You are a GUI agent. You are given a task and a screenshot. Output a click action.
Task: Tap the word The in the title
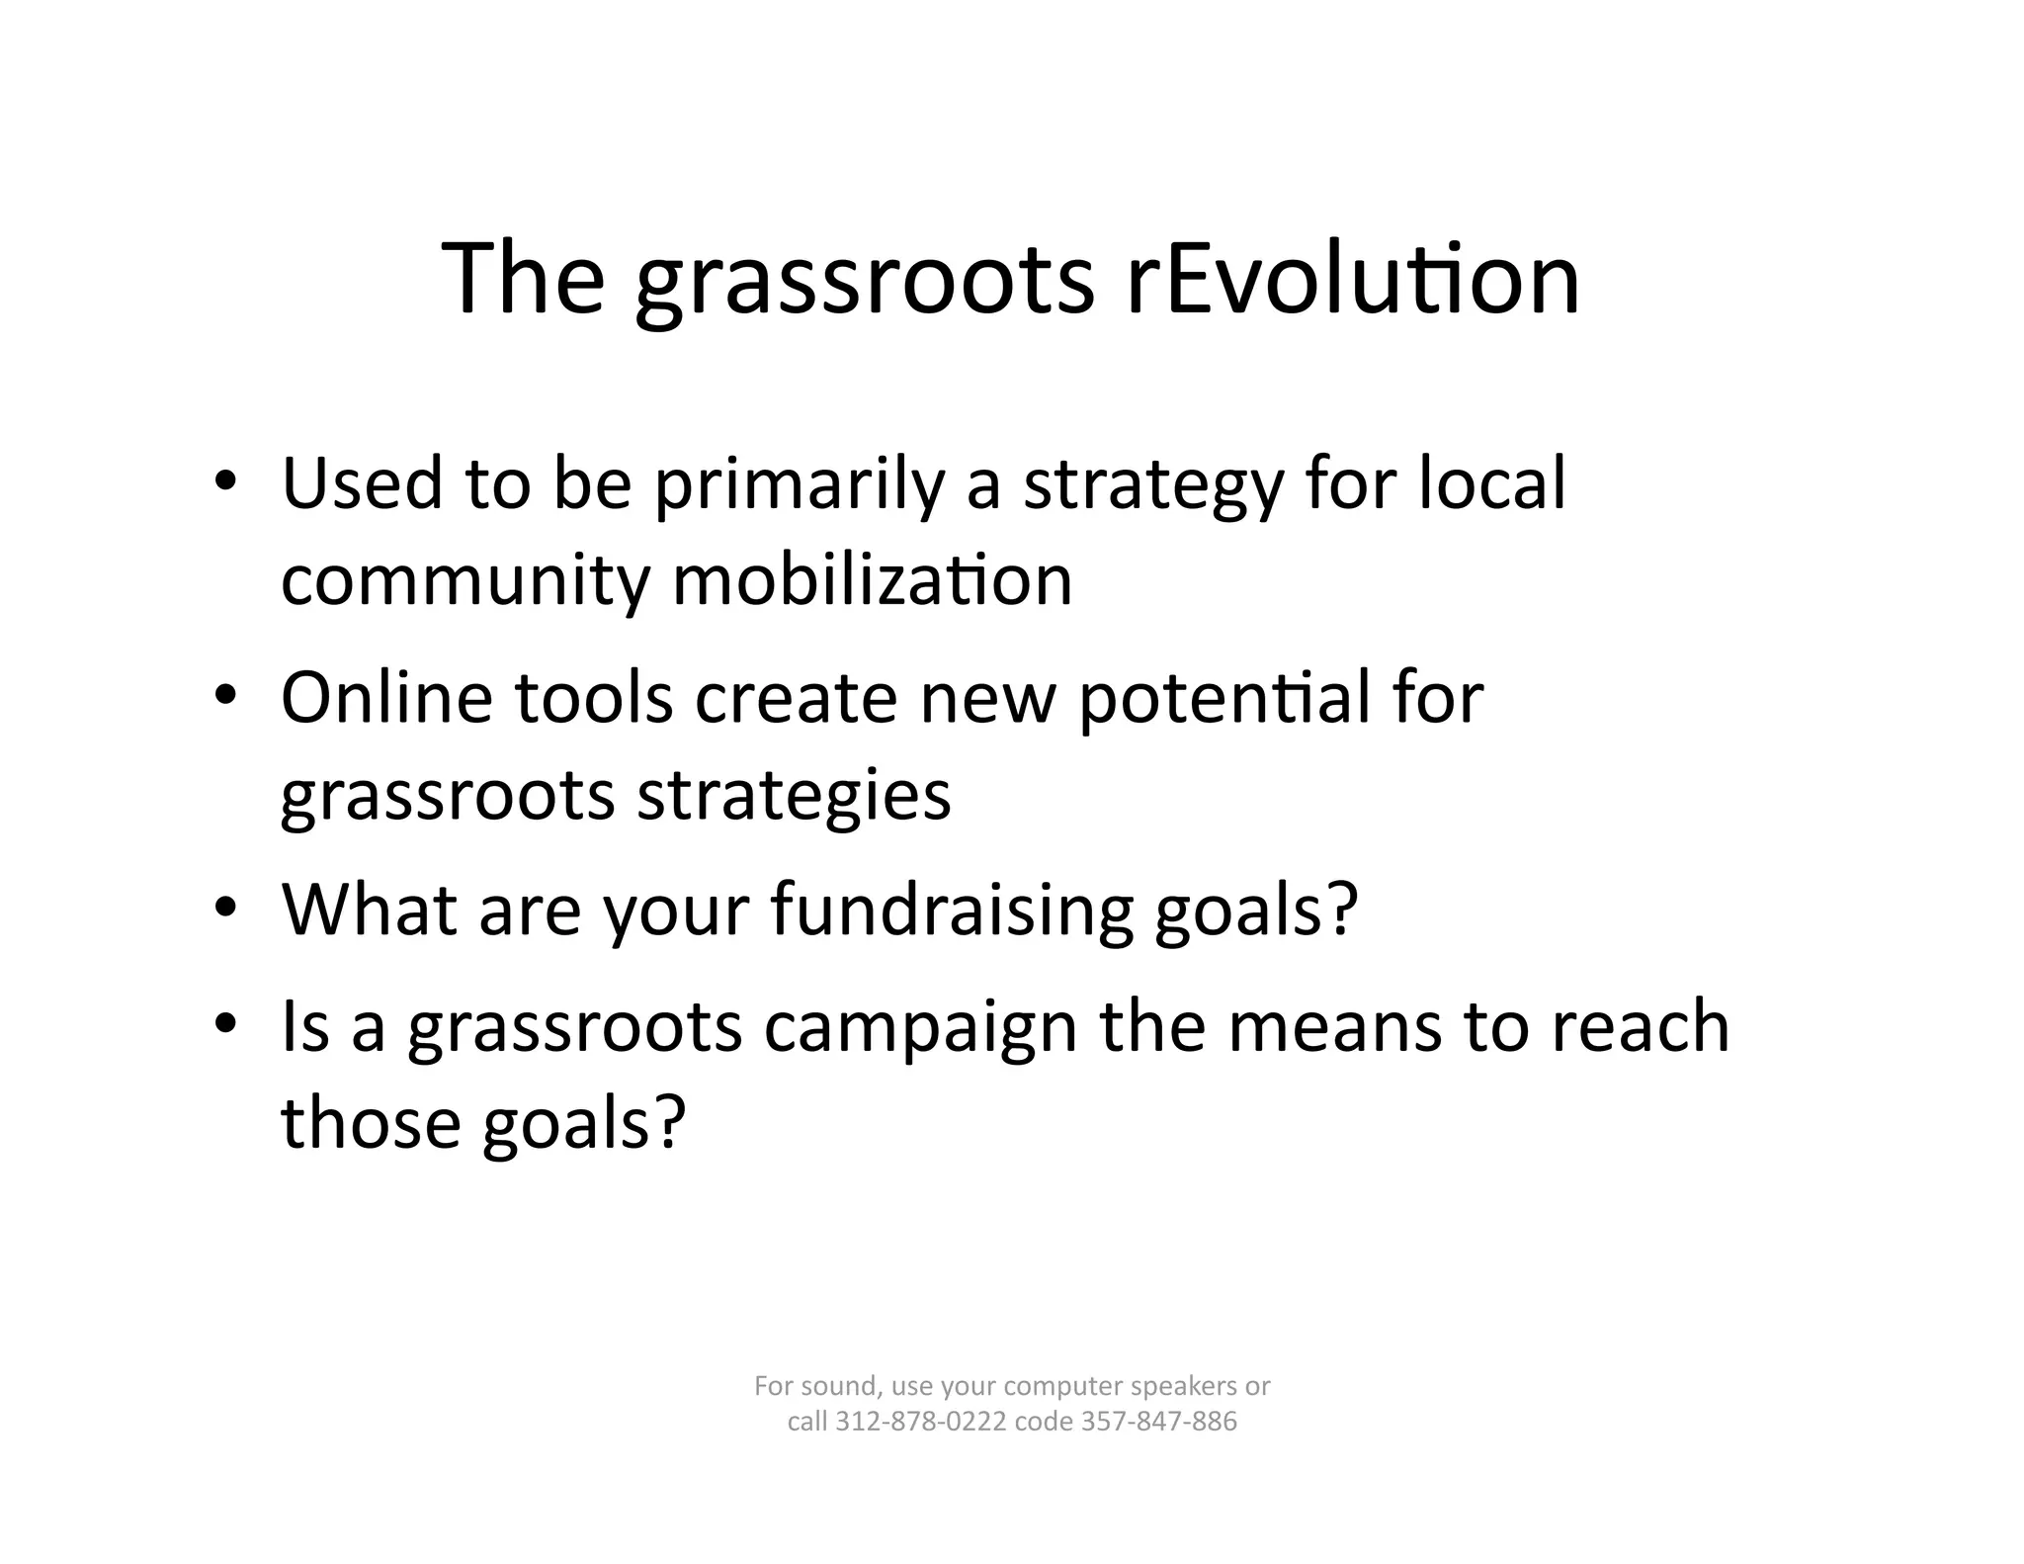tap(523, 279)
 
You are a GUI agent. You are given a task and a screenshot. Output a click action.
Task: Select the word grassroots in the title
tap(865, 287)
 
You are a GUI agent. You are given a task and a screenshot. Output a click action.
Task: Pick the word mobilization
tap(872, 580)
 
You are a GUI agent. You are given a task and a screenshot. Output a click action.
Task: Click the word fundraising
tap(951, 912)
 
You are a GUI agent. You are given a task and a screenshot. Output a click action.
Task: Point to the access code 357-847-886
tap(1159, 1422)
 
